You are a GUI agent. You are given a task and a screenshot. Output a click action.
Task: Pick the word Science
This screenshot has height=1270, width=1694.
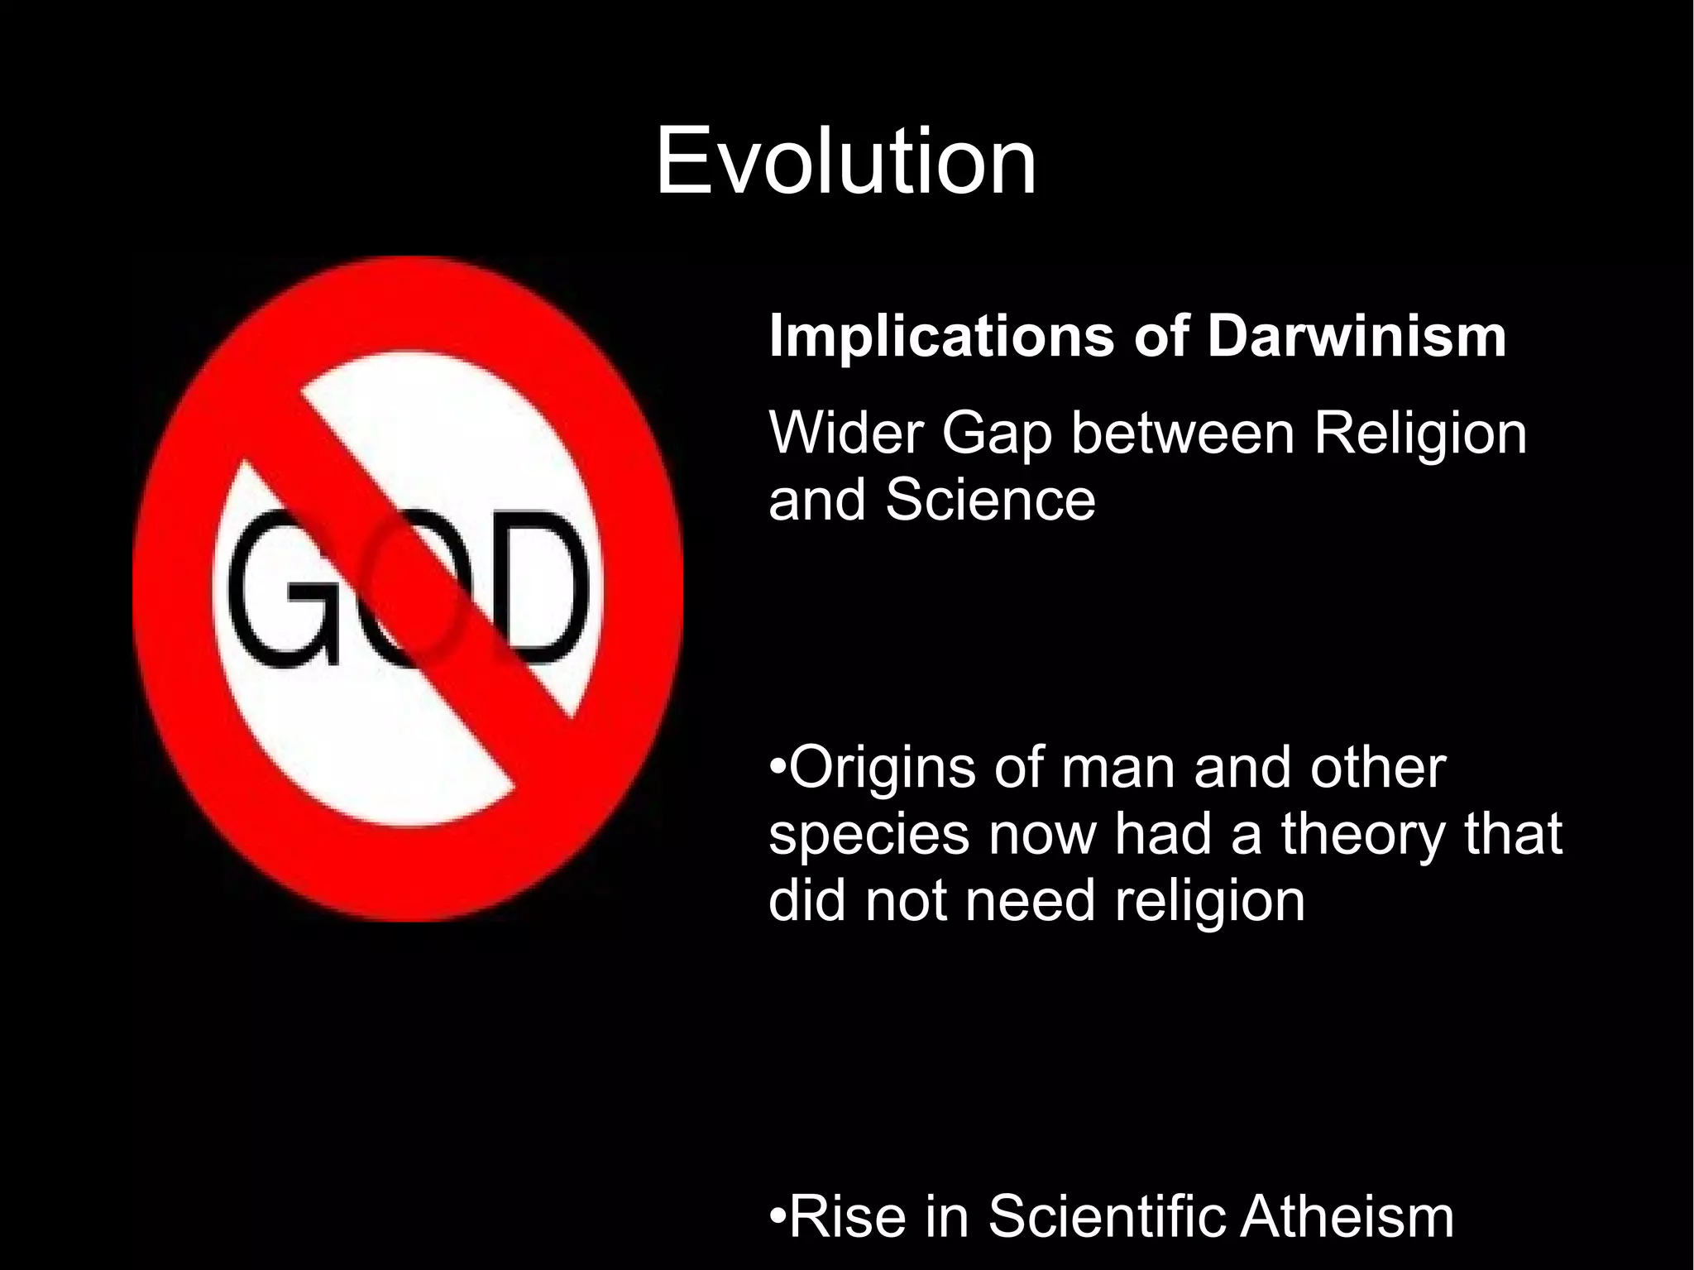click(x=990, y=500)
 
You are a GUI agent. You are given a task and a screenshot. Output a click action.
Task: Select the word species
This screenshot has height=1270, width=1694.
click(x=869, y=836)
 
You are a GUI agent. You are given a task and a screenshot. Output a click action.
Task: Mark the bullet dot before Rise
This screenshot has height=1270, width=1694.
click(x=778, y=1217)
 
